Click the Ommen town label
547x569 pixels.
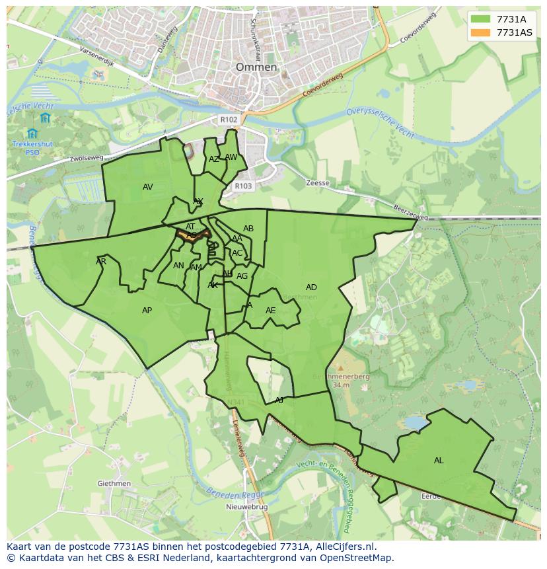[x=256, y=67]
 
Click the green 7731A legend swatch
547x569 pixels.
[x=480, y=19]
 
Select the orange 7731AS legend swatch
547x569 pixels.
[x=480, y=32]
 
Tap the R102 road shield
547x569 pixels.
[x=229, y=120]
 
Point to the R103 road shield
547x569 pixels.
[x=243, y=186]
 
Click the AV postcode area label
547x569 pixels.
[x=147, y=187]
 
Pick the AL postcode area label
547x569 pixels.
[x=439, y=461]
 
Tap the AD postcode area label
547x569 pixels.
[x=311, y=287]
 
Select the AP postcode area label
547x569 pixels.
[x=147, y=311]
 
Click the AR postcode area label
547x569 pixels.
[x=100, y=262]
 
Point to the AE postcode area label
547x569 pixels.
[x=270, y=311]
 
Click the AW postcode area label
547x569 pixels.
[x=231, y=157]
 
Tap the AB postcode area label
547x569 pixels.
[x=248, y=229]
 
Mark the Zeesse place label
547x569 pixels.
[x=318, y=183]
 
